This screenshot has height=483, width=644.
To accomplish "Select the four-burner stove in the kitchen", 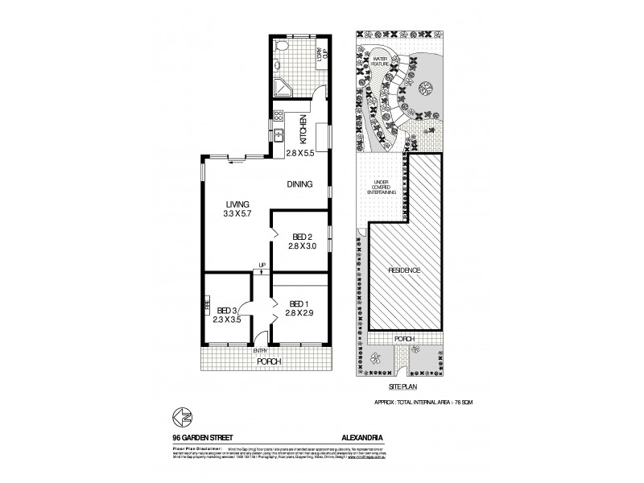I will (279, 116).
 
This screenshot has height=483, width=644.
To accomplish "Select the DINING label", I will (300, 184).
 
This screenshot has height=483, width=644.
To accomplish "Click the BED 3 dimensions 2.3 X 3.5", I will (227, 320).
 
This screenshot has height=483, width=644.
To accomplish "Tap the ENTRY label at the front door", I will (260, 351).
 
